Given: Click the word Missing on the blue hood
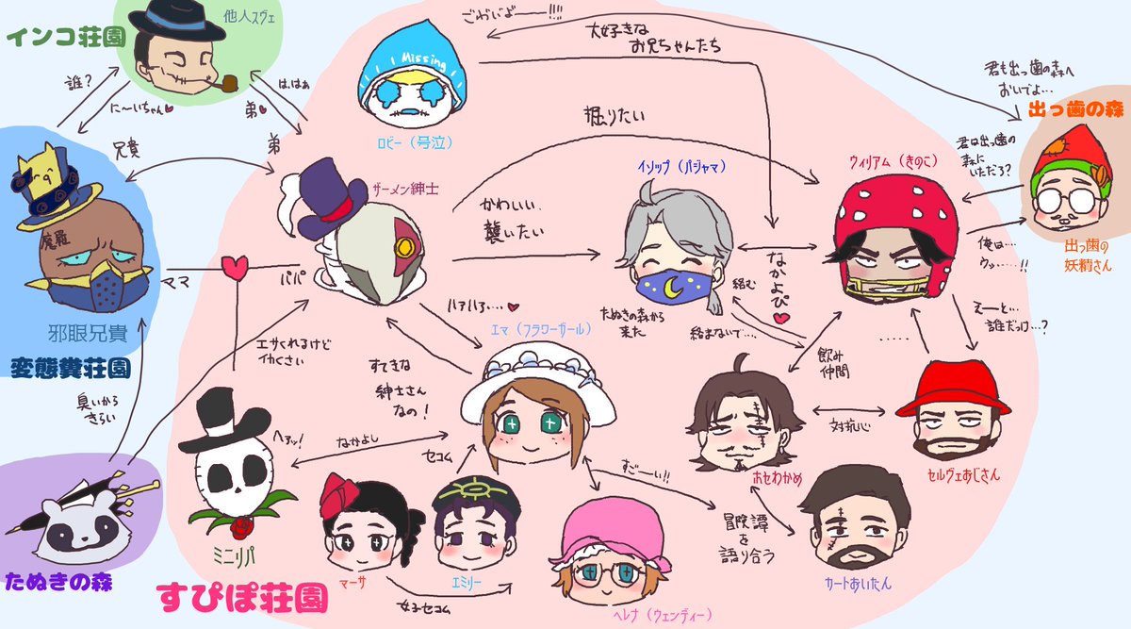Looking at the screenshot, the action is (x=418, y=58).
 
